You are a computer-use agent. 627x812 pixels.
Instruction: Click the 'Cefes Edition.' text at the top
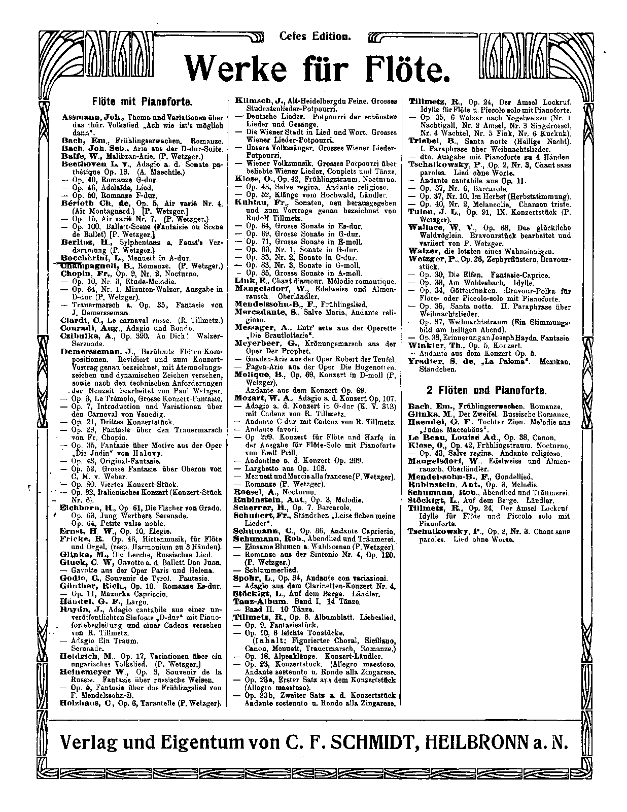315,37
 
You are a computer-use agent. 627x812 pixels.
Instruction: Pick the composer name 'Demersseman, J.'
96,351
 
